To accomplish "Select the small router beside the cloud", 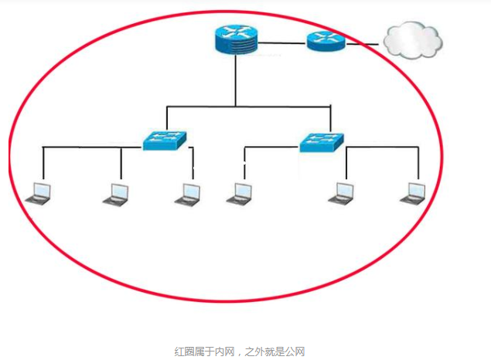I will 326,40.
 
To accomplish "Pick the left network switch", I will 165,140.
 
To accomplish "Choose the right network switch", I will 322,141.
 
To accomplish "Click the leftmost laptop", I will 38,193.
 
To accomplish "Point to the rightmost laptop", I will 413,193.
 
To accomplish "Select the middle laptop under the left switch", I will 116,193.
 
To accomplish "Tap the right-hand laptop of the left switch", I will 188,193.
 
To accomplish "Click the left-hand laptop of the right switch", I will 239,193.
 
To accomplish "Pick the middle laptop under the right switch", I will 340,193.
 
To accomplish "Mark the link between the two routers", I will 282,42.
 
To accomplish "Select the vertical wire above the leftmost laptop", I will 43,162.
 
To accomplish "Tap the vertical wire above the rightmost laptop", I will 418,162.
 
